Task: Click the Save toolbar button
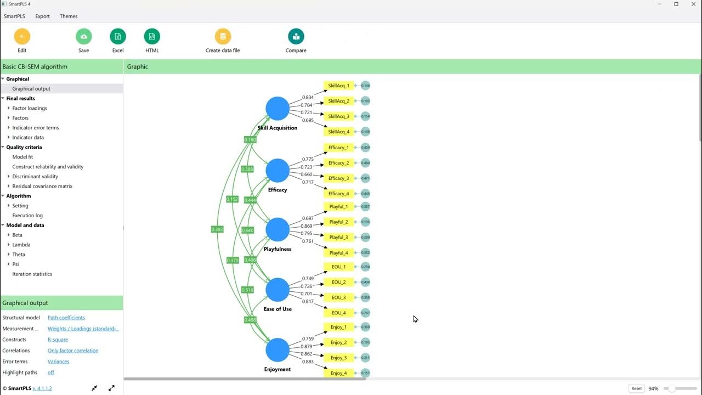[83, 37]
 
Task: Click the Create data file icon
[223, 37]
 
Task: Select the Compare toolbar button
[296, 37]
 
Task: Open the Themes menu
[69, 16]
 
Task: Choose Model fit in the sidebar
[22, 157]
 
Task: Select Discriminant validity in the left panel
[35, 177]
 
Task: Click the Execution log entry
[27, 216]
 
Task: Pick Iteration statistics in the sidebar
[32, 274]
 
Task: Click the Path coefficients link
[66, 318]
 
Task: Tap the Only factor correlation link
[73, 351]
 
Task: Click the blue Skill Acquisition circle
[278, 108]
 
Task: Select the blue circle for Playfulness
[278, 229]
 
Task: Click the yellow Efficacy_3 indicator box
[338, 178]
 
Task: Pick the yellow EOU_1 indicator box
[338, 267]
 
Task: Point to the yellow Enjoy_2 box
[338, 342]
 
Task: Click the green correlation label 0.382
[217, 229]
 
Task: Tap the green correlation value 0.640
[248, 230]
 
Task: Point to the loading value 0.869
[308, 226]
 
